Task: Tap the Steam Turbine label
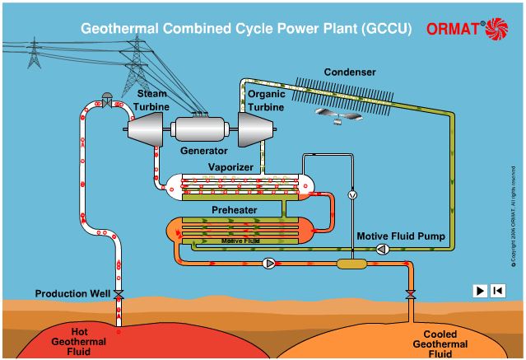point(152,99)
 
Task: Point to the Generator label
point(203,152)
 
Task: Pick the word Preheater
point(234,210)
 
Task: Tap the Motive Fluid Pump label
point(401,236)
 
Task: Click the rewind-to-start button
point(497,290)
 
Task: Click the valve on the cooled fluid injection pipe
point(410,294)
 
